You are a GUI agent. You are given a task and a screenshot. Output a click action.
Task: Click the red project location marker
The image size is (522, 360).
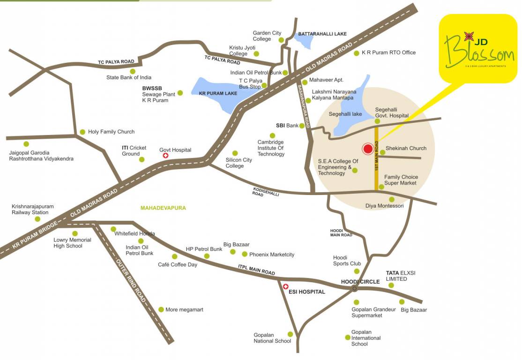tap(368, 149)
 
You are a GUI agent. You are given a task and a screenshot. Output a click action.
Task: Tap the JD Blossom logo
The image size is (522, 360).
tap(478, 49)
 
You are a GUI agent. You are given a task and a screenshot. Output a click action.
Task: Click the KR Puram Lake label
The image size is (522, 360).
tap(218, 94)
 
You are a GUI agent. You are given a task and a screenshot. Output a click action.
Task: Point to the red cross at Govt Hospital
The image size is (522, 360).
tap(165, 156)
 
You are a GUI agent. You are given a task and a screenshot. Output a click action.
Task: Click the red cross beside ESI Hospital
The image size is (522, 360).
tap(285, 286)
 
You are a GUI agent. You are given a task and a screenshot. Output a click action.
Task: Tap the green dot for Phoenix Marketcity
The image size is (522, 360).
tap(244, 254)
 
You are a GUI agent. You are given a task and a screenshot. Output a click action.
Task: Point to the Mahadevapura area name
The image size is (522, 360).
tap(163, 208)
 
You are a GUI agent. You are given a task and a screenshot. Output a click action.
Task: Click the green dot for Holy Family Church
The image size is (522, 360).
tap(82, 132)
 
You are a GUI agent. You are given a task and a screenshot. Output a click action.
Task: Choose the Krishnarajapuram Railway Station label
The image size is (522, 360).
tap(33, 210)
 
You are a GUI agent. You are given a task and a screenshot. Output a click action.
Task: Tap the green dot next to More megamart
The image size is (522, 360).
tap(161, 309)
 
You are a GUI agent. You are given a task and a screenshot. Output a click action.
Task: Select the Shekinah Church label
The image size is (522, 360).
tap(406, 148)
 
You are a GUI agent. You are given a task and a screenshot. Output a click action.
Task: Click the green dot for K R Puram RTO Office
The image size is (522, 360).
tap(356, 53)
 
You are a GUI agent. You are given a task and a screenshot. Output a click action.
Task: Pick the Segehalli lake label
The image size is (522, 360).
tap(345, 114)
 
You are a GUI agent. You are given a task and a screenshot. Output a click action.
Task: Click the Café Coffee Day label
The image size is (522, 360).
tap(178, 264)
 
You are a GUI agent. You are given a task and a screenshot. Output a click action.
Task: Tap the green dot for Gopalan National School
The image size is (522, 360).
tap(290, 334)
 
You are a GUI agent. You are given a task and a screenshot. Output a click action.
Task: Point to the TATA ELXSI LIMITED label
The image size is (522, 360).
tap(396, 276)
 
